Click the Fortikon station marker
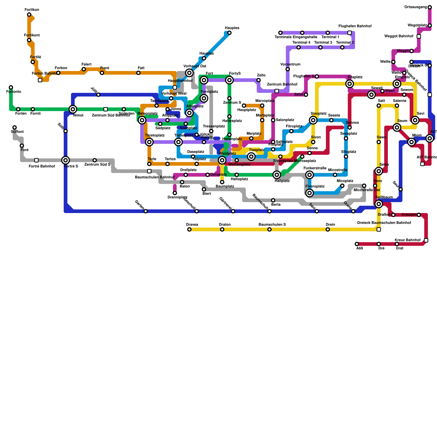pos(29,14)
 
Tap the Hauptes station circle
pos(229,33)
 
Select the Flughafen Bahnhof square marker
pos(350,33)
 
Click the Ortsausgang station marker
pos(430,7)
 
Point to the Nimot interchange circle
pos(73,109)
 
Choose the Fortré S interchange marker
pos(66,160)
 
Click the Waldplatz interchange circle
pos(222,160)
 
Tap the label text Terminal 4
pos(301,43)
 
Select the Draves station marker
pos(189,229)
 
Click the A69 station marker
pos(357,244)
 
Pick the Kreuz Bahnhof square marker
pos(426,240)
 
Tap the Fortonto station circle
pos(11,87)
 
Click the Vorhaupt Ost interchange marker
pos(189,73)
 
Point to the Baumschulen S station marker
pos(269,229)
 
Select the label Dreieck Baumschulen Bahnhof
pos(384,223)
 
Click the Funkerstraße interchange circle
pos(309,175)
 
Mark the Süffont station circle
pos(14,127)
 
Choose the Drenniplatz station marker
pos(175,193)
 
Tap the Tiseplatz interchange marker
pos(251,157)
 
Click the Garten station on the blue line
pos(146,211)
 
